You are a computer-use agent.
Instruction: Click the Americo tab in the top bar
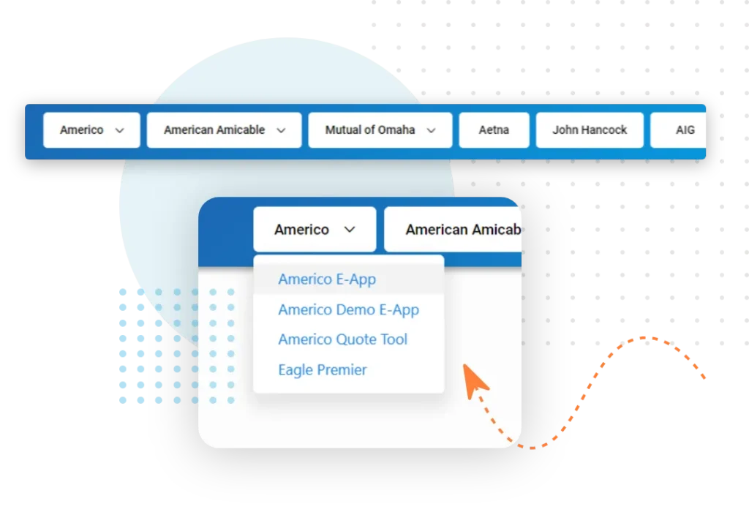pos(91,130)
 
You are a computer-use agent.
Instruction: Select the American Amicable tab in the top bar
pos(224,130)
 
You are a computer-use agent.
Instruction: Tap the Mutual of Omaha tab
pos(380,130)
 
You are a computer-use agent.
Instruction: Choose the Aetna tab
pos(494,130)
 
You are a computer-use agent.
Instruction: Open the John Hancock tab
pos(590,130)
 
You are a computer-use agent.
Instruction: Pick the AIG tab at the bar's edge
pos(678,130)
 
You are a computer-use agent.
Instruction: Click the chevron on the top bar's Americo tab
pos(119,130)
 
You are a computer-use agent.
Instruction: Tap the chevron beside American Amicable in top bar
pos(281,130)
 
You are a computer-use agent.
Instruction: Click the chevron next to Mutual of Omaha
pos(431,130)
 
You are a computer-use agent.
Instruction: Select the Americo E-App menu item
pos(327,279)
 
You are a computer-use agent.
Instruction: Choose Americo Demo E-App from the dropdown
pos(349,309)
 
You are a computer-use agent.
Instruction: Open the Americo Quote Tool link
pos(343,339)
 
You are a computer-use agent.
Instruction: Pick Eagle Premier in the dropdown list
pos(323,369)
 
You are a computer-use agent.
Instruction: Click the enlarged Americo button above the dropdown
pos(315,229)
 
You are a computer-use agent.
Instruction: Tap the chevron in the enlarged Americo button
pos(350,230)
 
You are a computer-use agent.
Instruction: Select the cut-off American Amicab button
pos(452,229)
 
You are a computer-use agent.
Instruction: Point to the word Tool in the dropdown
pos(394,339)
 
